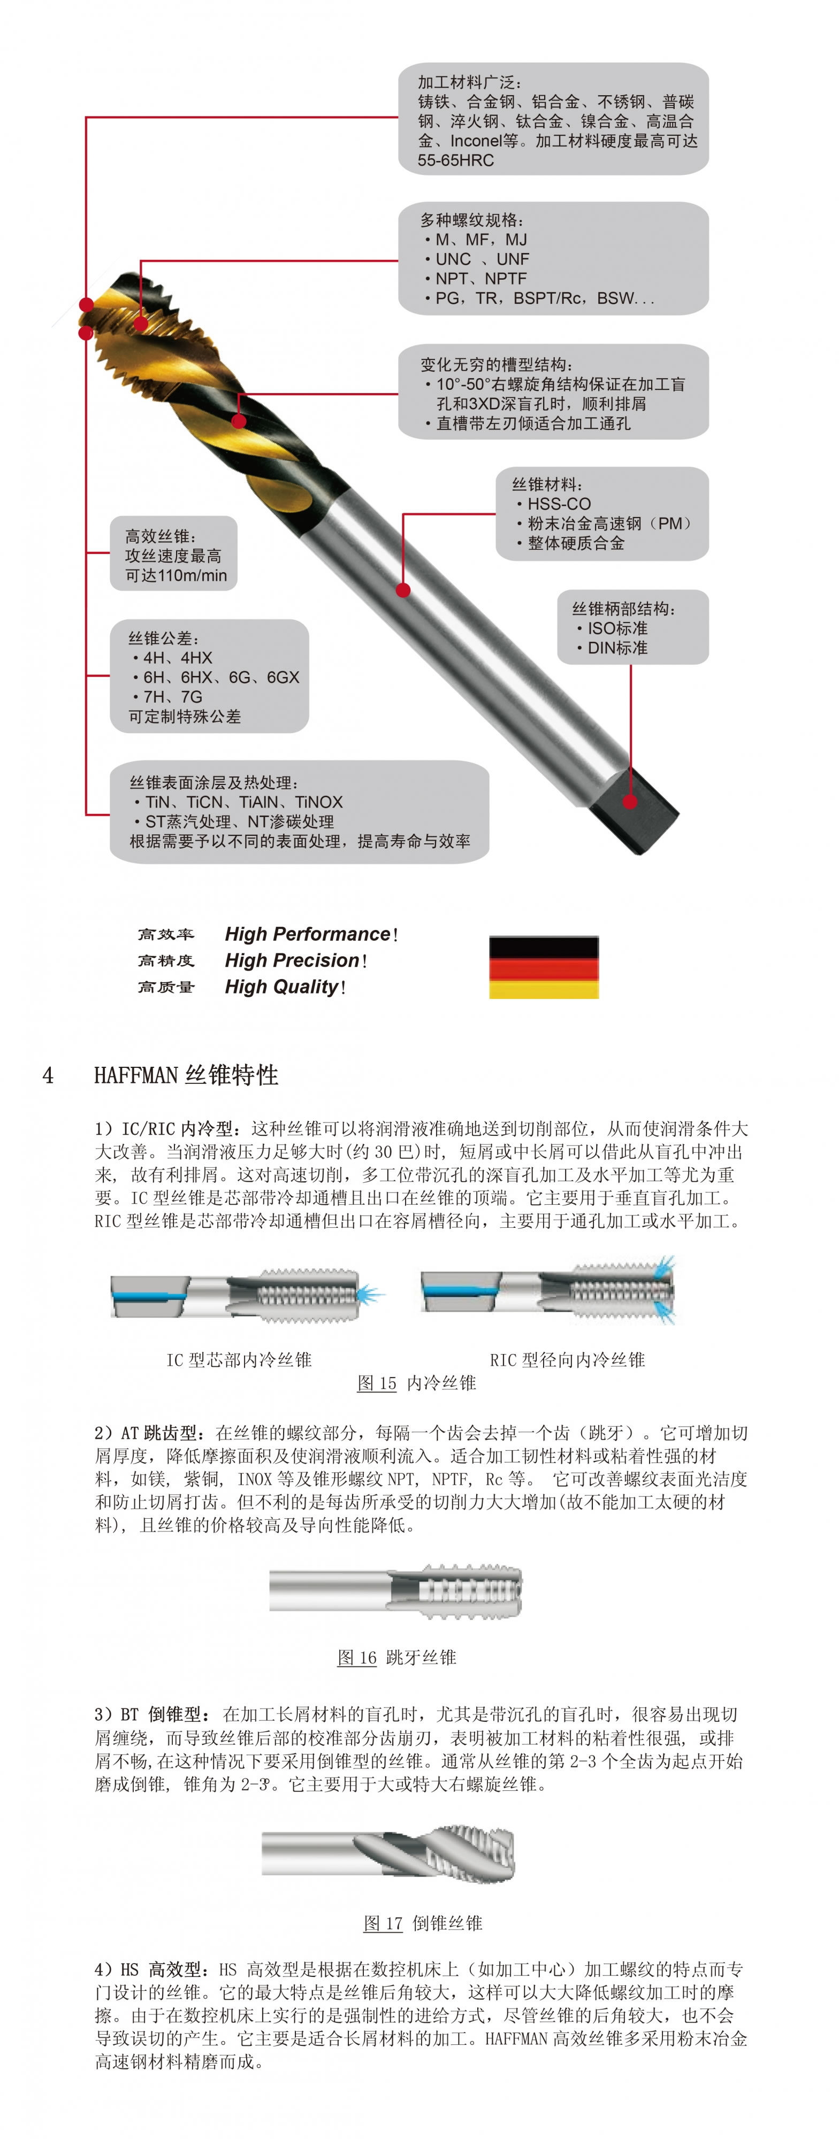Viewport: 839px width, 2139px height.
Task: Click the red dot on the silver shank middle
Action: click(x=403, y=590)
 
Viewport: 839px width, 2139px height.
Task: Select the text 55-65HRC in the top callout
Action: click(x=455, y=160)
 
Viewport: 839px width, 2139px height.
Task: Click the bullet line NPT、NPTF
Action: click(x=480, y=278)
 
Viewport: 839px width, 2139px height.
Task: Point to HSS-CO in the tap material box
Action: click(x=559, y=504)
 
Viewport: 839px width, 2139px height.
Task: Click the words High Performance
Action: click(x=307, y=934)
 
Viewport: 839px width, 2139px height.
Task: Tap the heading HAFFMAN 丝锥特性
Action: click(x=186, y=1075)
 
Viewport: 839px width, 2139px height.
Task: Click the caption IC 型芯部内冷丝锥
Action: click(x=239, y=1359)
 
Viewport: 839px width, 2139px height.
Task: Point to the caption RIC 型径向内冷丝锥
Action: click(x=567, y=1359)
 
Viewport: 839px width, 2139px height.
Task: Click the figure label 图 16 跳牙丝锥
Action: click(x=396, y=1657)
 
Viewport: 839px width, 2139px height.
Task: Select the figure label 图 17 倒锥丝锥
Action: click(x=423, y=1923)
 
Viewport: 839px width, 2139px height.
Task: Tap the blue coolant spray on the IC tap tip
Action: click(x=370, y=1294)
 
